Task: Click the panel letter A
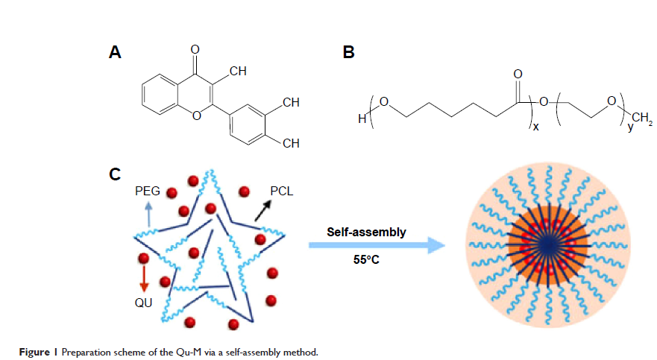coord(115,52)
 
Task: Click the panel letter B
coord(348,52)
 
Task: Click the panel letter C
coord(115,174)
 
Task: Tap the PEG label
coord(148,192)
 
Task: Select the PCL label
coord(282,192)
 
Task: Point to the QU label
coord(143,303)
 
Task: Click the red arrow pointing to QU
coord(144,278)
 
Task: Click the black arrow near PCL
coord(263,210)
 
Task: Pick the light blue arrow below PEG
coord(149,215)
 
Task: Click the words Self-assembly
coord(367,233)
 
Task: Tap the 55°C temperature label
coord(366,260)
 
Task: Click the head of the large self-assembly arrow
coord(436,245)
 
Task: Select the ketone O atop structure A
coord(195,50)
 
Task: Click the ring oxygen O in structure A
coord(196,115)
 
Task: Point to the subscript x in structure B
coord(535,126)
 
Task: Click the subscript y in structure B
coord(630,127)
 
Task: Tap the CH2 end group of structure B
coord(642,119)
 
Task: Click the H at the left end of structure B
coord(362,119)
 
